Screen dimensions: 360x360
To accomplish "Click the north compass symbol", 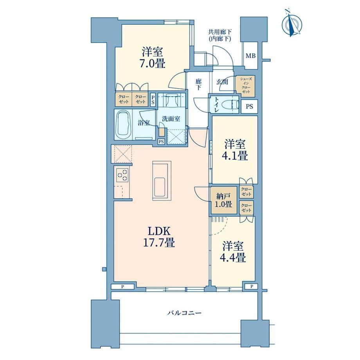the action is (292, 23).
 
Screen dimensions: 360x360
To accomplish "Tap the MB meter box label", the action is (250, 56).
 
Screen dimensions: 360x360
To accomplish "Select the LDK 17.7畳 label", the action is (159, 237).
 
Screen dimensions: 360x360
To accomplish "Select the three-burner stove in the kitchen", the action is (122, 175).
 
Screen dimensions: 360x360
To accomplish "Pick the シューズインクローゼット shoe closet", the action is (245, 85).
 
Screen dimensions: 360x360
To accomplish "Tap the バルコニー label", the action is (184, 313).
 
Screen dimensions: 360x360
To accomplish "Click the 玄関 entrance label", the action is (222, 81).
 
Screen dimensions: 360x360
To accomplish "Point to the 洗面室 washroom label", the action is (171, 119).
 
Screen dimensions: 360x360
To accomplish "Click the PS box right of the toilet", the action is (249, 106).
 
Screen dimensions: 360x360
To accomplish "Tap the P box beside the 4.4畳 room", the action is (252, 286).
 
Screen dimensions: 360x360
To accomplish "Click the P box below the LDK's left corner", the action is (122, 286).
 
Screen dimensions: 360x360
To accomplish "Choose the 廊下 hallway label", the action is (198, 84).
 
